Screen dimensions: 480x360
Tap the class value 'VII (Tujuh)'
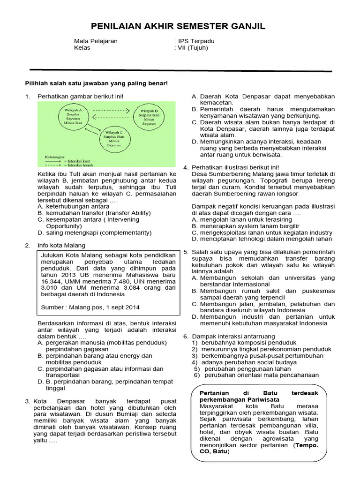[192, 47]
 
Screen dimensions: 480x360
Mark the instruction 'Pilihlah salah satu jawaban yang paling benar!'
[96, 83]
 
